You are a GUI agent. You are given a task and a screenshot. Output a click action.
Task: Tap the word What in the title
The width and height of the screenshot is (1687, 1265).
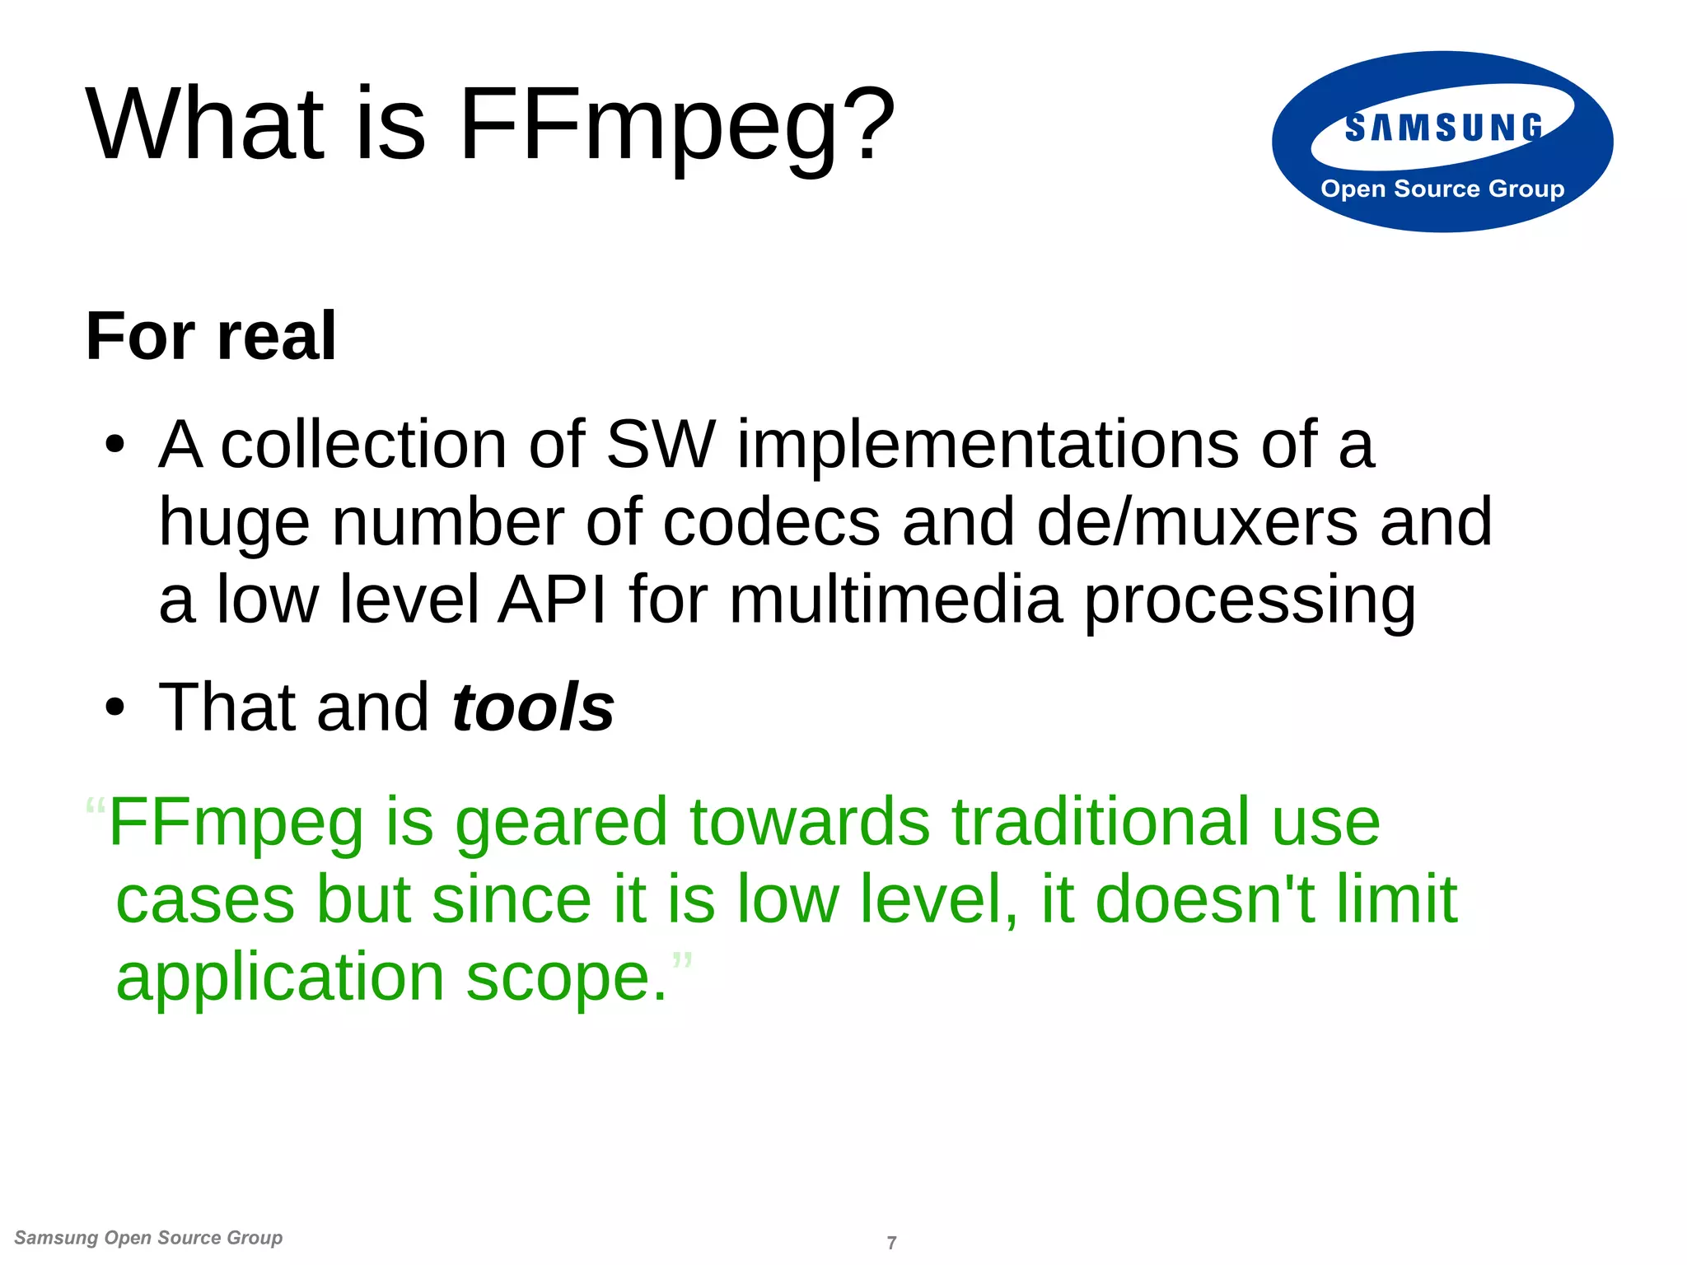point(206,125)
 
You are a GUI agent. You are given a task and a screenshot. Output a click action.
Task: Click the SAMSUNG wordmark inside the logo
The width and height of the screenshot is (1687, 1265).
point(1443,128)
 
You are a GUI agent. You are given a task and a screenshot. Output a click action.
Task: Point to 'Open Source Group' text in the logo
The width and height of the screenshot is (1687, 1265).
point(1442,189)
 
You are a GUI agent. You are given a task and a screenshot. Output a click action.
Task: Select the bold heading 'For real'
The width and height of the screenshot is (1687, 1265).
point(211,336)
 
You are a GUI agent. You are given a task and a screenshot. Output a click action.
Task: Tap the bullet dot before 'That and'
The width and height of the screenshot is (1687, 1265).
point(114,708)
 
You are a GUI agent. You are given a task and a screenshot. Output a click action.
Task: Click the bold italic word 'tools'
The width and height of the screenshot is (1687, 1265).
point(533,707)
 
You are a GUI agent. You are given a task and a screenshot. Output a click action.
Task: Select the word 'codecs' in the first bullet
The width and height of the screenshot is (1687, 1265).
point(771,522)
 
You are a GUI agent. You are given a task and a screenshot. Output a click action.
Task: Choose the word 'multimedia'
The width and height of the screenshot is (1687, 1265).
point(895,600)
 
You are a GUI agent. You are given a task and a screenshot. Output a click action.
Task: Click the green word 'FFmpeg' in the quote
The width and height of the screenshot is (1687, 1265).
point(236,823)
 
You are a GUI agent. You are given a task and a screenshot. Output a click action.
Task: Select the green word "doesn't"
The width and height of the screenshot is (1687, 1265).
point(1205,899)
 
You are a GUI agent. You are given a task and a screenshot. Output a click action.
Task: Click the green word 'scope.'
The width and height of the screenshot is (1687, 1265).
point(567,977)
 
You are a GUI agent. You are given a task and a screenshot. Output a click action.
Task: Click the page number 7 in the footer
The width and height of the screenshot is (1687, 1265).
point(891,1243)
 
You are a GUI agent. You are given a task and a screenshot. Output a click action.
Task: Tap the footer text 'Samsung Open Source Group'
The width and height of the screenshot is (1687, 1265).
point(148,1238)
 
